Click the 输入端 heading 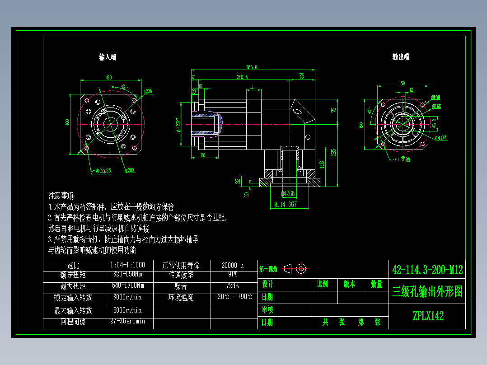point(108,57)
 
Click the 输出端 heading point(401,57)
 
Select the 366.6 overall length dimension point(252,67)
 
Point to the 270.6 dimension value point(242,77)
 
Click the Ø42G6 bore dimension point(288,194)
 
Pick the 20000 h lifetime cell point(233,265)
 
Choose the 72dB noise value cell point(233,286)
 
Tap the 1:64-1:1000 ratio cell point(127,265)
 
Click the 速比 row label point(73,265)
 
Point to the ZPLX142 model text point(427,316)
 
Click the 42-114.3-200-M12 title point(427,270)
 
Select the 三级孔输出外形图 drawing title point(427,292)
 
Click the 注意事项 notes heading point(62,196)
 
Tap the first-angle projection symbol point(295,269)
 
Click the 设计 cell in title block point(267,284)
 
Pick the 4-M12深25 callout point(101,171)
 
